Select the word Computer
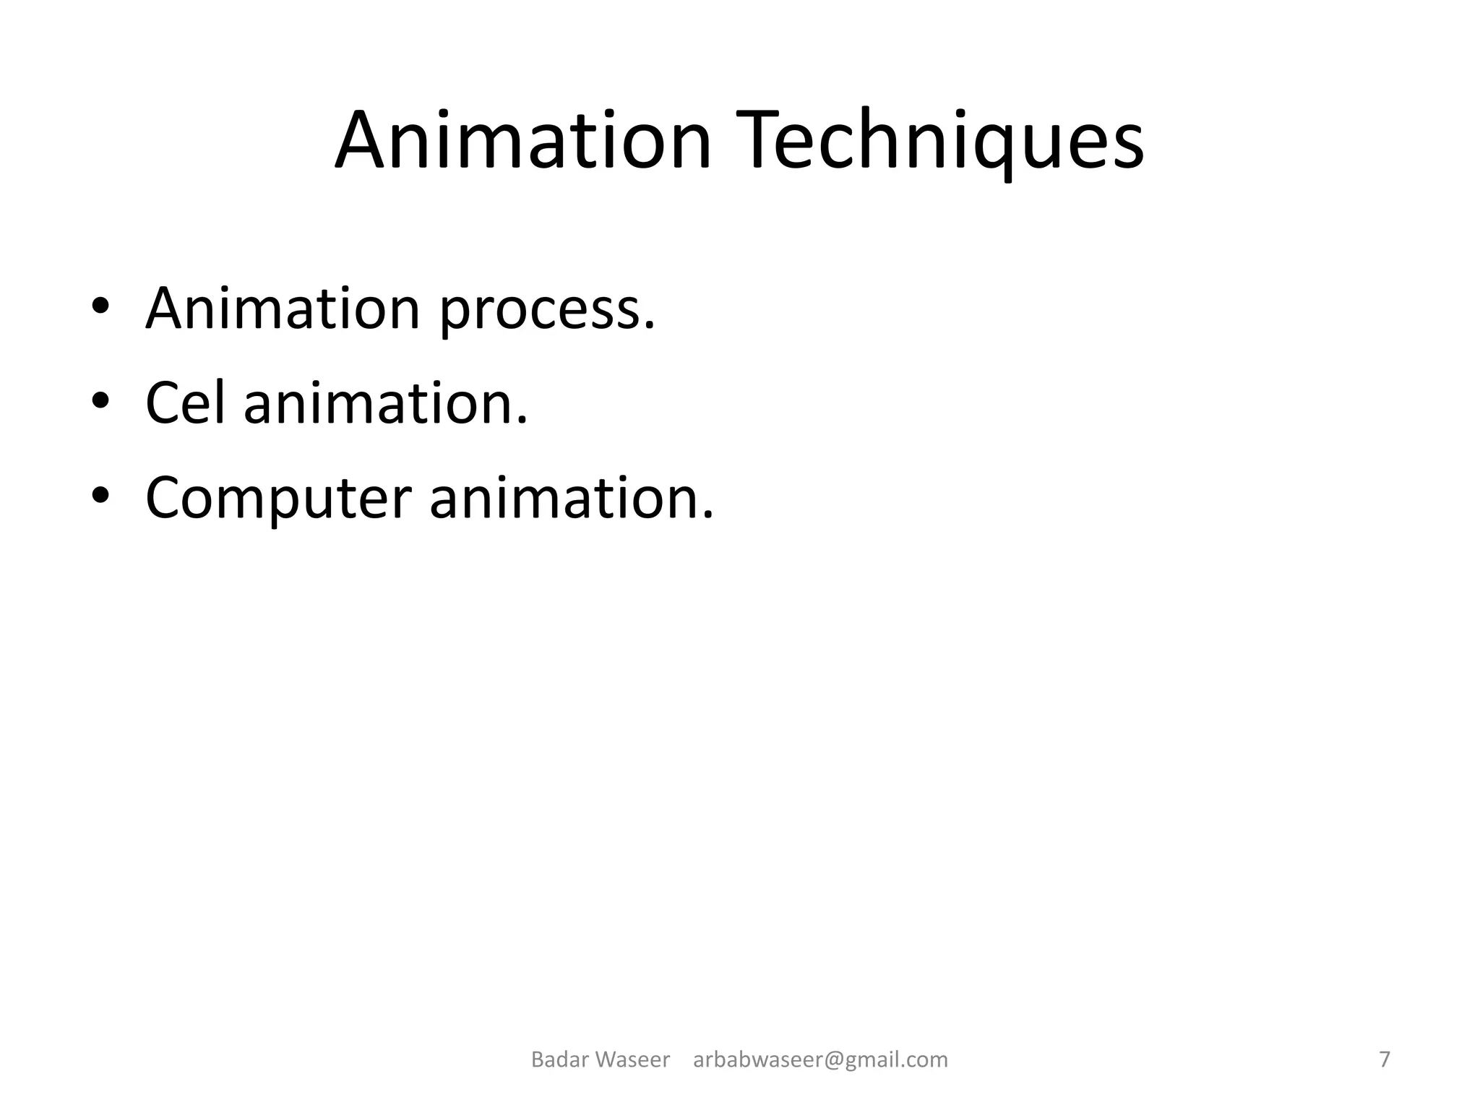click(x=278, y=500)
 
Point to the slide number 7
click(x=1385, y=1059)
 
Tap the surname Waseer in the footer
click(x=634, y=1059)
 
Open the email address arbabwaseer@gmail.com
click(x=820, y=1059)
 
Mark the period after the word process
click(x=650, y=327)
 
